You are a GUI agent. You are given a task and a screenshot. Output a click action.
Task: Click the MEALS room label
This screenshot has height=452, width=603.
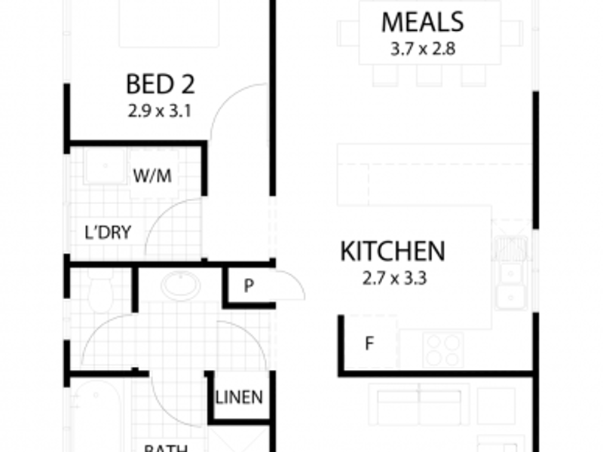(x=421, y=22)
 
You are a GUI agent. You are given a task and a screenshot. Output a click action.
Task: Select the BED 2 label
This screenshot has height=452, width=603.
(x=159, y=83)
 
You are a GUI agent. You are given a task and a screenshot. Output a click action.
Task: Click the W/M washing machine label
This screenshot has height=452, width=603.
(x=152, y=176)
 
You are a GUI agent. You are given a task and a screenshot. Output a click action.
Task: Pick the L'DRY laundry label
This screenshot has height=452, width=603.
(x=107, y=232)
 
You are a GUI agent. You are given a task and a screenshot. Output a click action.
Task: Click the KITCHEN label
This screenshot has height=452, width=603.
(x=393, y=251)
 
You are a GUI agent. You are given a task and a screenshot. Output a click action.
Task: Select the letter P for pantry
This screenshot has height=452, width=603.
(x=247, y=286)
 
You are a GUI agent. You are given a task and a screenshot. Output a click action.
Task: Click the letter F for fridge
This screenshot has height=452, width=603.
(x=369, y=345)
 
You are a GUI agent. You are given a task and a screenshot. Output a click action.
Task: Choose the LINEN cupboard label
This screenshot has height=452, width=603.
(x=239, y=397)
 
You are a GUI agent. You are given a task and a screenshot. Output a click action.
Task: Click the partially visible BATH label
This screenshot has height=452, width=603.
(x=166, y=447)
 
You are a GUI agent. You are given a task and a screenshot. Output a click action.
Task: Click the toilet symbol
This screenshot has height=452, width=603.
(x=99, y=290)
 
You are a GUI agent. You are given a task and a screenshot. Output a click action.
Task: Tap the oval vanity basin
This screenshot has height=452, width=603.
(x=181, y=285)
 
